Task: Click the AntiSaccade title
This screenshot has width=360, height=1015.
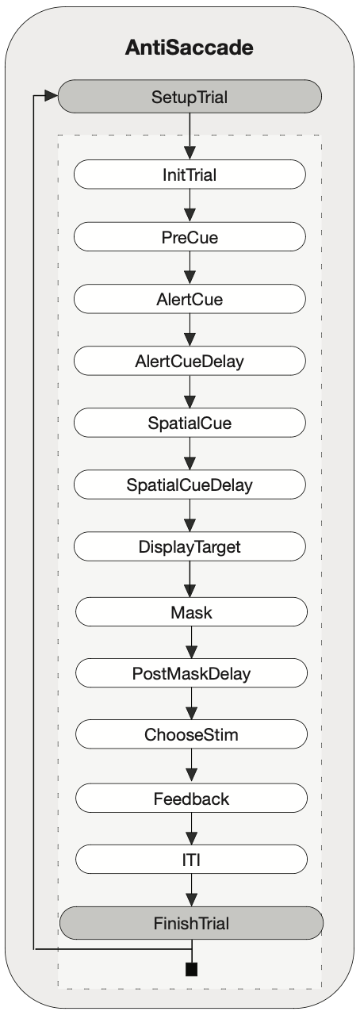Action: pos(189,48)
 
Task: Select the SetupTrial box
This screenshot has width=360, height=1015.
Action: pos(190,97)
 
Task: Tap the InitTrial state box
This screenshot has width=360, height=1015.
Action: pos(190,174)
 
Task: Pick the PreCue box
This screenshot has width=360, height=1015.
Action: pos(190,237)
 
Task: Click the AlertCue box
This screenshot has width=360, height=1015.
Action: pos(190,299)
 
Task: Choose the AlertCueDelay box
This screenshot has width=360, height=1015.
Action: pos(190,361)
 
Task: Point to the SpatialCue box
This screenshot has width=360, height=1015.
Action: pos(190,423)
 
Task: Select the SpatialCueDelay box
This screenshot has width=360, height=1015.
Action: pos(190,485)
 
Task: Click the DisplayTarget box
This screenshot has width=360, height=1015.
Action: pos(190,547)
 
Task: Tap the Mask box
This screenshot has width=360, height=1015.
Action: pos(191,612)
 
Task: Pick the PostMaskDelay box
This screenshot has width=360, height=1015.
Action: pos(191,673)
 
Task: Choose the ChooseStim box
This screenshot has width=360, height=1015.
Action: pos(191,734)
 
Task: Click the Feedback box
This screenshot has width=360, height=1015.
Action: pos(191,799)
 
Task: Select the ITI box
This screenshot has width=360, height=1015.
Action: pos(191,860)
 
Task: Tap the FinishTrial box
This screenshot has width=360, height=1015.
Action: pos(191,923)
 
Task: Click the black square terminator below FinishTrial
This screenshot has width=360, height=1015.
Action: pos(191,969)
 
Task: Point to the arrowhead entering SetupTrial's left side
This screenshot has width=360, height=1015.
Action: pos(52,96)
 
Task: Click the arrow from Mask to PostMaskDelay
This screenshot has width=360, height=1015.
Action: pos(191,642)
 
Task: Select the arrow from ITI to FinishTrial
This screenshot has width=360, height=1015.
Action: pos(191,891)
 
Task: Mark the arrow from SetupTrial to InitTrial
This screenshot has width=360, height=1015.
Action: pos(190,136)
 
